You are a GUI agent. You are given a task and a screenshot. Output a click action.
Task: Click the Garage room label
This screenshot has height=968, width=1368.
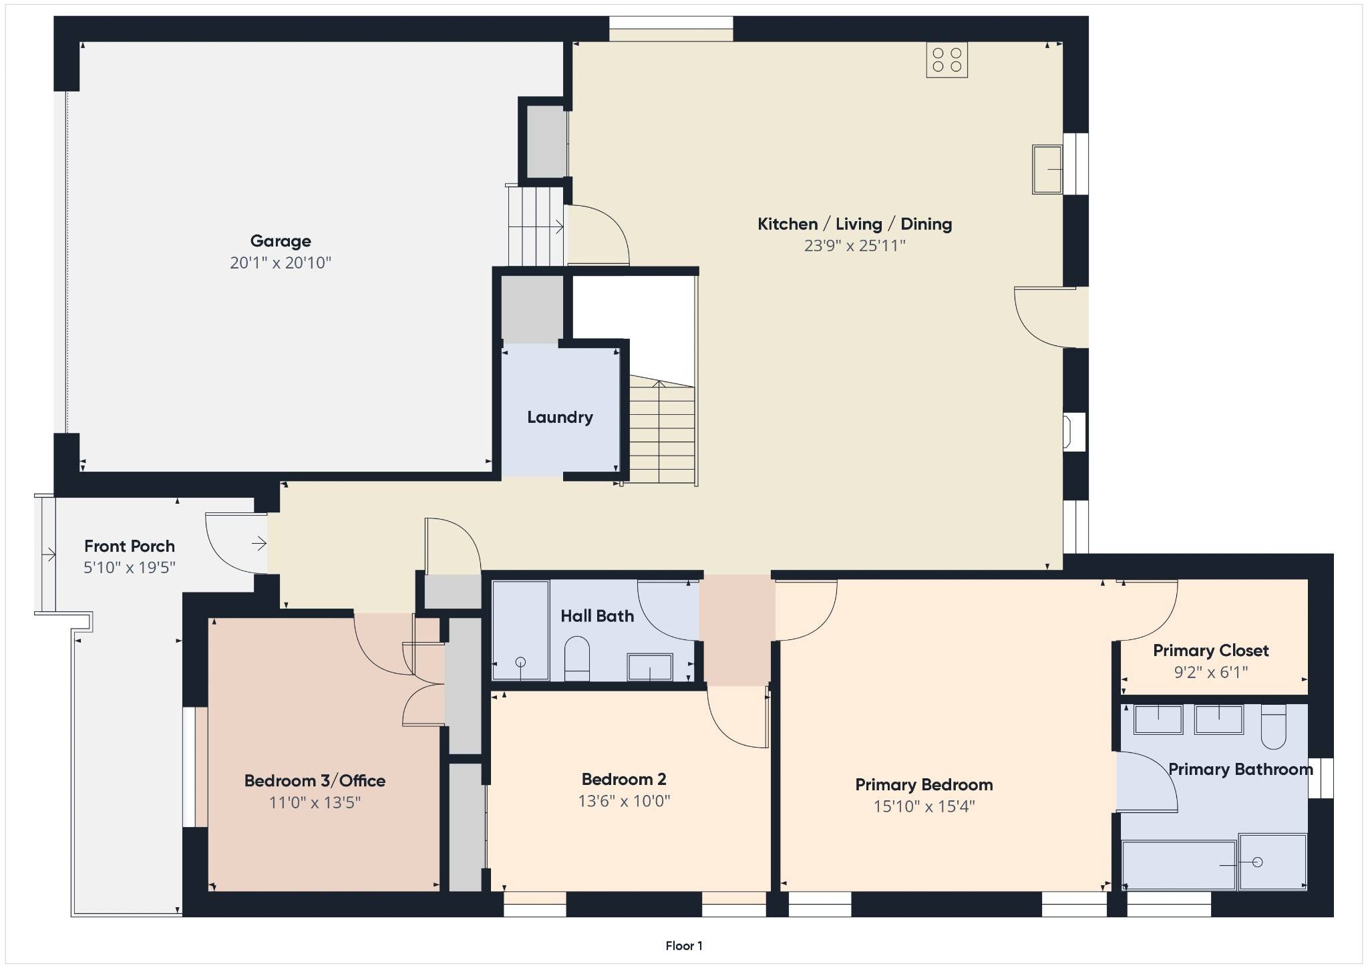tap(281, 241)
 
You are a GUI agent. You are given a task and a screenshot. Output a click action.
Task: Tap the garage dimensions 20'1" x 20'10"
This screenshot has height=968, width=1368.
tap(281, 263)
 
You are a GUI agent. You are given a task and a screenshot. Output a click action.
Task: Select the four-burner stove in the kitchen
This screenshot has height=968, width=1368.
tap(947, 60)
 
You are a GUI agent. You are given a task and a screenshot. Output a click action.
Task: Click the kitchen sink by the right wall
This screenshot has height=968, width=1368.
tap(1047, 170)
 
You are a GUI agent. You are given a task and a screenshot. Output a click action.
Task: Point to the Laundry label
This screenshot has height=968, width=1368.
tap(560, 418)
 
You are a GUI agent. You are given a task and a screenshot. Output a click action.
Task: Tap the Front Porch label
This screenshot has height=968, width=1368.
tap(130, 546)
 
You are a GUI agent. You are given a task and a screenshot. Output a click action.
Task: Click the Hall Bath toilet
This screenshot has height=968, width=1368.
tap(577, 658)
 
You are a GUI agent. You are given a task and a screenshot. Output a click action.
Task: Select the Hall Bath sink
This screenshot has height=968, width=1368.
tap(649, 667)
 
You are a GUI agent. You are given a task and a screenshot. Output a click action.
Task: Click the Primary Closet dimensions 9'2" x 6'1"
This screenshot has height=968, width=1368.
tap(1211, 672)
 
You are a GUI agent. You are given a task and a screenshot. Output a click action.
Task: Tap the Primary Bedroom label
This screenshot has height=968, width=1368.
tap(924, 785)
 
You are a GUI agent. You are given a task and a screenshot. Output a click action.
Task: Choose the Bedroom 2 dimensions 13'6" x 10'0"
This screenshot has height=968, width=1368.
tap(624, 801)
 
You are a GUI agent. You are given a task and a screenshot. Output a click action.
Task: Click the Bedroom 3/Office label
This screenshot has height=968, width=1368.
tap(315, 781)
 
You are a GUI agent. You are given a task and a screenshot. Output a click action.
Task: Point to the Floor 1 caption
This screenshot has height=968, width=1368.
tap(684, 945)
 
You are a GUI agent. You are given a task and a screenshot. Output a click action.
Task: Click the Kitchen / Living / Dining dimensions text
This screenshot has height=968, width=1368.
tap(854, 246)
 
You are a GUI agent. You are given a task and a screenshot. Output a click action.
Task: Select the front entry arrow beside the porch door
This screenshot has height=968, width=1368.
tap(259, 544)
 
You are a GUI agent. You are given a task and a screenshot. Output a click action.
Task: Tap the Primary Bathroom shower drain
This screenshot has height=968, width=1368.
tap(1258, 862)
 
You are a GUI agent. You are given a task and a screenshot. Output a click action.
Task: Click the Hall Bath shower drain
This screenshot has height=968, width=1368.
tap(520, 662)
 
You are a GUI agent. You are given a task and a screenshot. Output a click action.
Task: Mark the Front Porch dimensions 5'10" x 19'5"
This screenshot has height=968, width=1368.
tap(130, 568)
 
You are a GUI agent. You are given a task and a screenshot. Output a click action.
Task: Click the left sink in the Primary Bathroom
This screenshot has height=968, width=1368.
tap(1158, 719)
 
